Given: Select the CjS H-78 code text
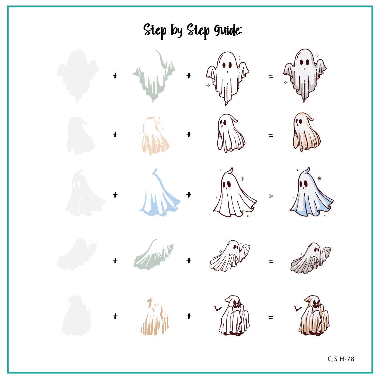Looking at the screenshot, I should [x=341, y=359].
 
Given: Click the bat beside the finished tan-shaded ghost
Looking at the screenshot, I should [x=297, y=308].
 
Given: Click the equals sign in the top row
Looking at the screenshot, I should [x=271, y=77].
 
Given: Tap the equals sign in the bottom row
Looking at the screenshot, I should [x=271, y=318].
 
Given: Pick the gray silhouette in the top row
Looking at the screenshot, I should [x=77, y=76].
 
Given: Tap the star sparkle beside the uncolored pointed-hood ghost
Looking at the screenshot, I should [x=242, y=179].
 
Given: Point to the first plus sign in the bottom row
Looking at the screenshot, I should [x=115, y=316].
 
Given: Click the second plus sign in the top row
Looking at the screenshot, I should [x=189, y=76].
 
